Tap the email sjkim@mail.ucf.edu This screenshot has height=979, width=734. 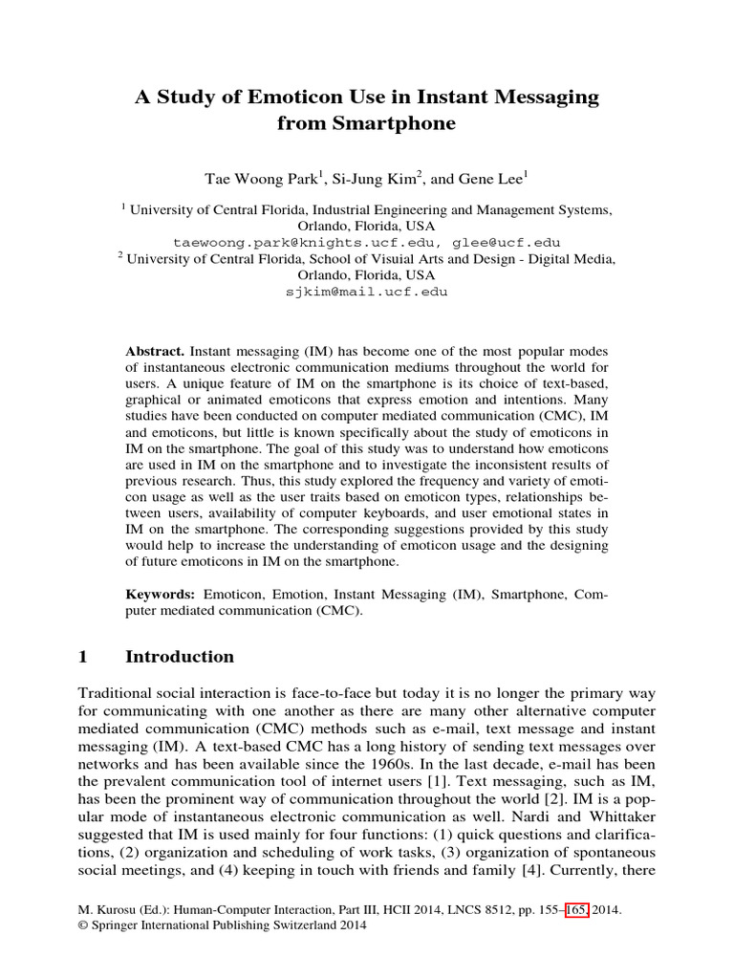(367, 292)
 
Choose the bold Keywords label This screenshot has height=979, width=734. (161, 594)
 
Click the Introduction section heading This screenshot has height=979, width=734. (180, 657)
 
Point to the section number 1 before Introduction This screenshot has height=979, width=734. (82, 657)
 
